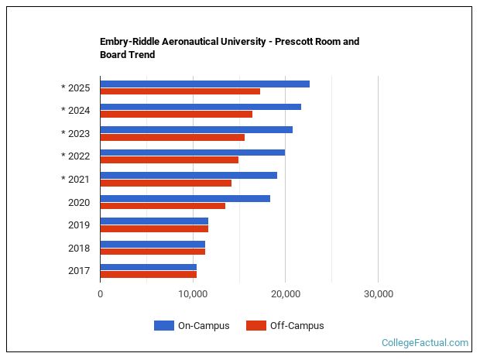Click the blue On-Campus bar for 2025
(x=204, y=84)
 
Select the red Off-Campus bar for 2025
(x=180, y=91)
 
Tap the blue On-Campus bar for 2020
(x=185, y=198)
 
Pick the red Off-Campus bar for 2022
(x=169, y=160)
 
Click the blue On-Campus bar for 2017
(x=148, y=267)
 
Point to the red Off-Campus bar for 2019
(x=154, y=228)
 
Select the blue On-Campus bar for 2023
(x=196, y=129)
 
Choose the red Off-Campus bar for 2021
(x=166, y=183)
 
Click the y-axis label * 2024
(x=76, y=111)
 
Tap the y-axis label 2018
(x=79, y=249)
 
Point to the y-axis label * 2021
(x=76, y=180)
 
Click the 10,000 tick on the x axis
(x=193, y=294)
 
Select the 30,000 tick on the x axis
(x=378, y=294)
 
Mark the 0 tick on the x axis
(x=101, y=294)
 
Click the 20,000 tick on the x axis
(x=286, y=294)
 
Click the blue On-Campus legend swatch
(x=163, y=326)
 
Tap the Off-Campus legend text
(x=297, y=326)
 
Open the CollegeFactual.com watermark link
(x=424, y=342)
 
